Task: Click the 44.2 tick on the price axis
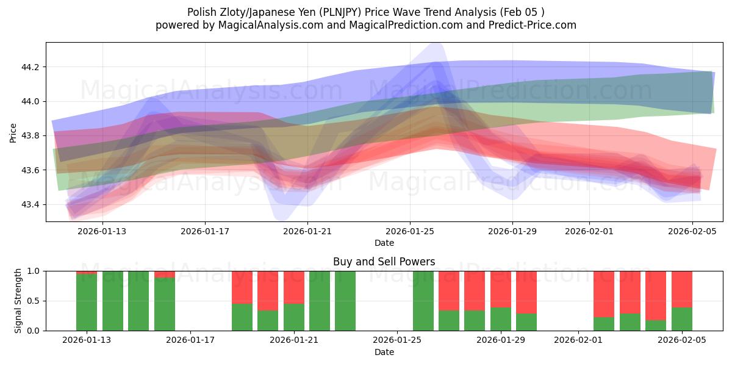point(30,67)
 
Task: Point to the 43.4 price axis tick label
point(30,204)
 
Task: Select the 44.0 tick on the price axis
point(30,101)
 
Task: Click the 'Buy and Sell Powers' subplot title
point(384,262)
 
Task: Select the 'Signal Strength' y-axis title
point(18,300)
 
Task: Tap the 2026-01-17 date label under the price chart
point(205,232)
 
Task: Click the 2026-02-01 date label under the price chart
point(589,232)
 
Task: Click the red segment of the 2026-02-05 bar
point(681,289)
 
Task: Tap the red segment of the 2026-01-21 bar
point(294,287)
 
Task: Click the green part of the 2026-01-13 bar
point(87,302)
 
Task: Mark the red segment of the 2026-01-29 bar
point(500,289)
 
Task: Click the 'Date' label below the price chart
point(384,243)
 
